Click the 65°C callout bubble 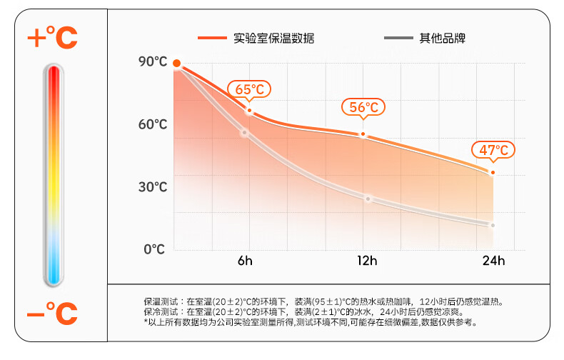[x=250, y=89]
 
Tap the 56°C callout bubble [x=363, y=108]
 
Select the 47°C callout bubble [x=493, y=150]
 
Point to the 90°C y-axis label [x=153, y=62]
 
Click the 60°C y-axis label [x=153, y=125]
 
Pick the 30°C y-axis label [x=153, y=187]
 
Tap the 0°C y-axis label [x=155, y=249]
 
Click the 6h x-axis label [x=245, y=261]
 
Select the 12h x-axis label [x=367, y=261]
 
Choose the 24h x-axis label [x=493, y=261]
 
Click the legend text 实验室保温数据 [x=273, y=38]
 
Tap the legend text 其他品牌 [x=443, y=38]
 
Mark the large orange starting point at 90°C [x=177, y=64]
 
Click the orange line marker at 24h [x=493, y=172]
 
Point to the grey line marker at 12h [x=368, y=199]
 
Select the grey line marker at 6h [x=244, y=132]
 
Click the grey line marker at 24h [x=493, y=225]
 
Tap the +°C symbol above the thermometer [x=52, y=37]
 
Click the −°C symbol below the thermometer [x=52, y=313]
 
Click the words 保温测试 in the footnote [x=159, y=302]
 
